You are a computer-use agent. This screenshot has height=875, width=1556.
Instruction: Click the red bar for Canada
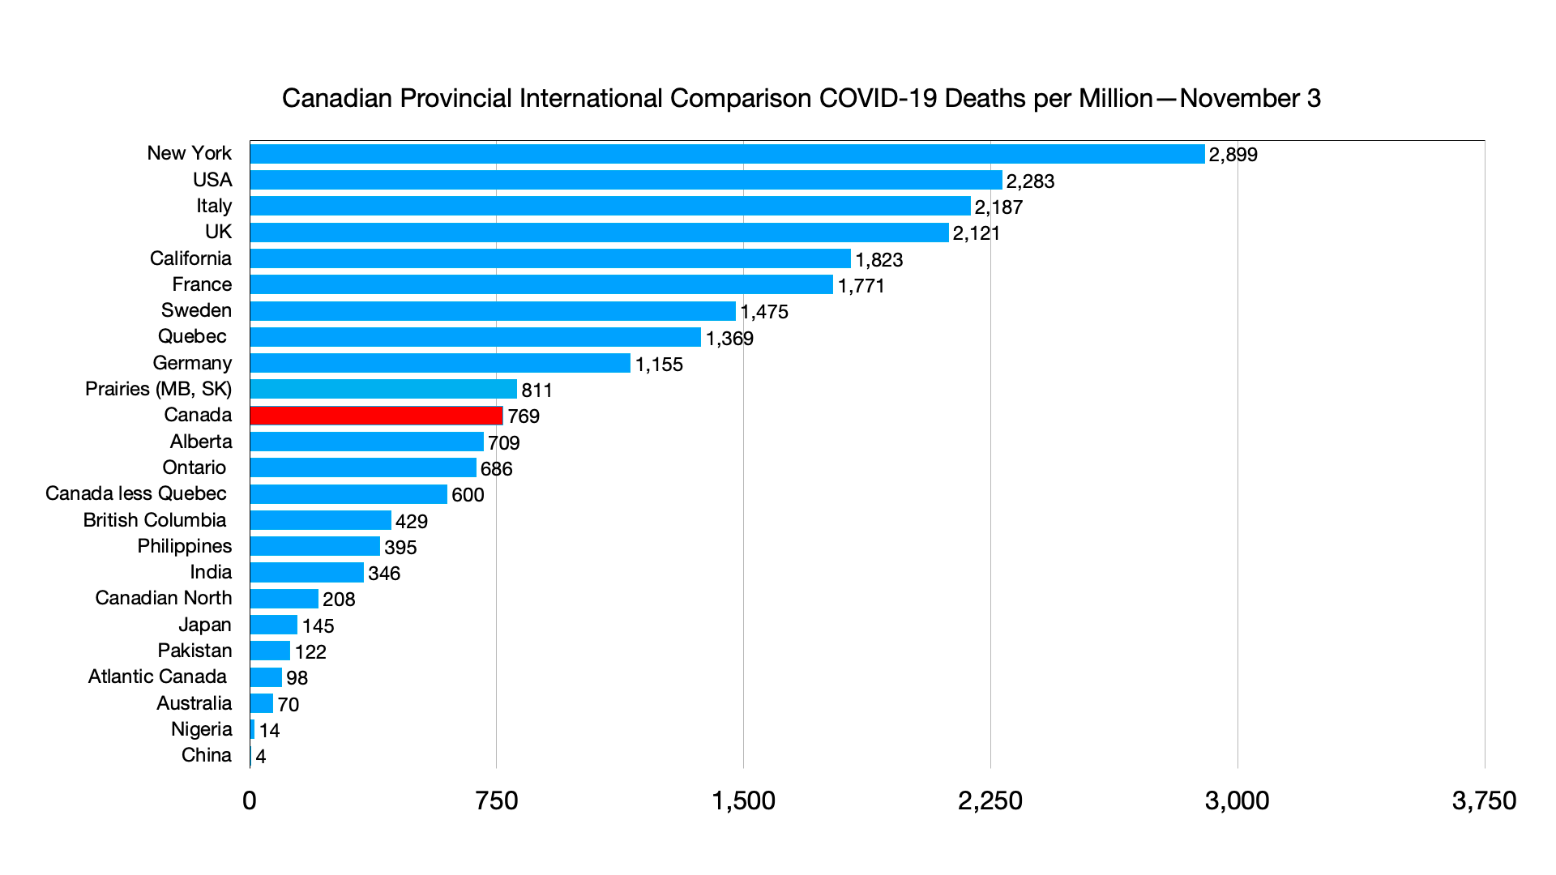[x=376, y=416]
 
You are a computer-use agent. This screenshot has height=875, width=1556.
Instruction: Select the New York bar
[x=727, y=154]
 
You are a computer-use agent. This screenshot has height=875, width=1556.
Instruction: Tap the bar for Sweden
[x=493, y=311]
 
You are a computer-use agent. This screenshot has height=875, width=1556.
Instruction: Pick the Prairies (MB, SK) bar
[x=383, y=390]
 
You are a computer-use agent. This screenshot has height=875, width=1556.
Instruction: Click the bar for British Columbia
[x=321, y=520]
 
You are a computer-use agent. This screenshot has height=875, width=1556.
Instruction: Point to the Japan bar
[x=274, y=625]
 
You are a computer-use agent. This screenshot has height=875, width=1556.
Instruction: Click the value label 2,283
[x=1030, y=181]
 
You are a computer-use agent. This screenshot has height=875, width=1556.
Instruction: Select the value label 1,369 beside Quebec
[x=729, y=339]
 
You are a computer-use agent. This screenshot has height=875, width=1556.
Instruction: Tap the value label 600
[x=468, y=495]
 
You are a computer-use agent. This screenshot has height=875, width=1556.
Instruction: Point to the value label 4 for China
[x=261, y=757]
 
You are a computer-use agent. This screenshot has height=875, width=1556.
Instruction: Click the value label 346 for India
[x=384, y=574]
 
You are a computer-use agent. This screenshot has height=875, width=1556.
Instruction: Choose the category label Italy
[x=214, y=206]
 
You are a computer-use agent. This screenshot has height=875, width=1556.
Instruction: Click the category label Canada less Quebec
[x=136, y=493]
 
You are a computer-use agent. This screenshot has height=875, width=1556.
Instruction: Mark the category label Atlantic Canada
[x=157, y=677]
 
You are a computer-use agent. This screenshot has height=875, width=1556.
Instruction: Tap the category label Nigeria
[x=202, y=729]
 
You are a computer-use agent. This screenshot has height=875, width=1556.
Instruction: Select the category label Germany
[x=192, y=363]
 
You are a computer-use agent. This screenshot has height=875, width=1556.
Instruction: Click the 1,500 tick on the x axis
[x=743, y=801]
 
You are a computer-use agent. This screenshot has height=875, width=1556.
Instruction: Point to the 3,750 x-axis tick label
[x=1484, y=801]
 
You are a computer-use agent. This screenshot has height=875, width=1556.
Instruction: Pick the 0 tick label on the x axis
[x=250, y=801]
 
